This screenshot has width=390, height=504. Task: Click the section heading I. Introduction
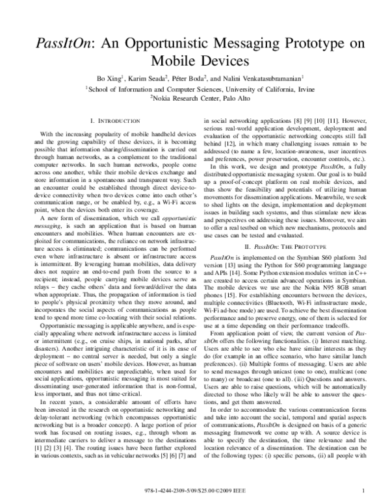pyautogui.click(x=112, y=121)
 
